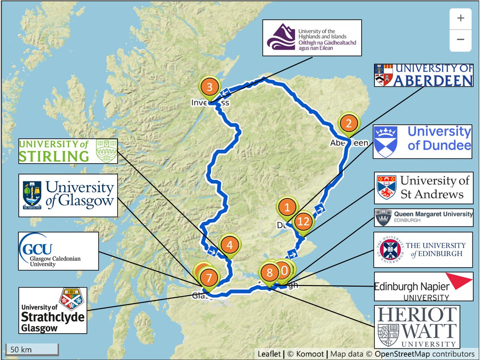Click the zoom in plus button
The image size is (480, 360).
coord(460,18)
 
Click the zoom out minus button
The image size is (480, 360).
coord(460,39)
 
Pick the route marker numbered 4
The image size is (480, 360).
coord(229,245)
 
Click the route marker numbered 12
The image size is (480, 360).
coord(304,221)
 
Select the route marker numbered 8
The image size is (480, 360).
coord(270,273)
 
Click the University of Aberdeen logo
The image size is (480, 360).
coord(424,75)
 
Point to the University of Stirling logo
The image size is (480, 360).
coord(68,151)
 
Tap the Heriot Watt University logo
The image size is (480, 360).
coord(417,327)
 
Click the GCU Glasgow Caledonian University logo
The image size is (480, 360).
coord(58,251)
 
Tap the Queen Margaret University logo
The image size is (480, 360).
coord(424,217)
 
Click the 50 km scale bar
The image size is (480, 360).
coord(32,349)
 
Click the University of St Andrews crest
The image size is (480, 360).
coord(387,188)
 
